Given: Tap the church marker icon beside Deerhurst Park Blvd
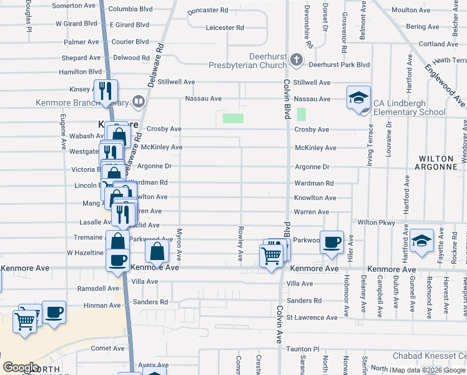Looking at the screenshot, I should pyautogui.click(x=297, y=61).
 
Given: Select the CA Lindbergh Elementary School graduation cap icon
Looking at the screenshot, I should pyautogui.click(x=359, y=97).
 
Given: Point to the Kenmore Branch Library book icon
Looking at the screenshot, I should pyautogui.click(x=138, y=101).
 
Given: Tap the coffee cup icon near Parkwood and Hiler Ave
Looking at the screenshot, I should pyautogui.click(x=332, y=242).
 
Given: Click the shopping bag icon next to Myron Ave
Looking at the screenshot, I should pyautogui.click(x=157, y=252).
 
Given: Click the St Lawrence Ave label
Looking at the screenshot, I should pyautogui.click(x=312, y=317).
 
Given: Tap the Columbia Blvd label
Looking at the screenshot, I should pyautogui.click(x=130, y=9).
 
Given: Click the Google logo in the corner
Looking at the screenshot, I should pyautogui.click(x=21, y=367).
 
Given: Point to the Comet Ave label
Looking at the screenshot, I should pyautogui.click(x=107, y=348).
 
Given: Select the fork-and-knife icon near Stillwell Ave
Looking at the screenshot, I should pyautogui.click(x=105, y=91).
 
